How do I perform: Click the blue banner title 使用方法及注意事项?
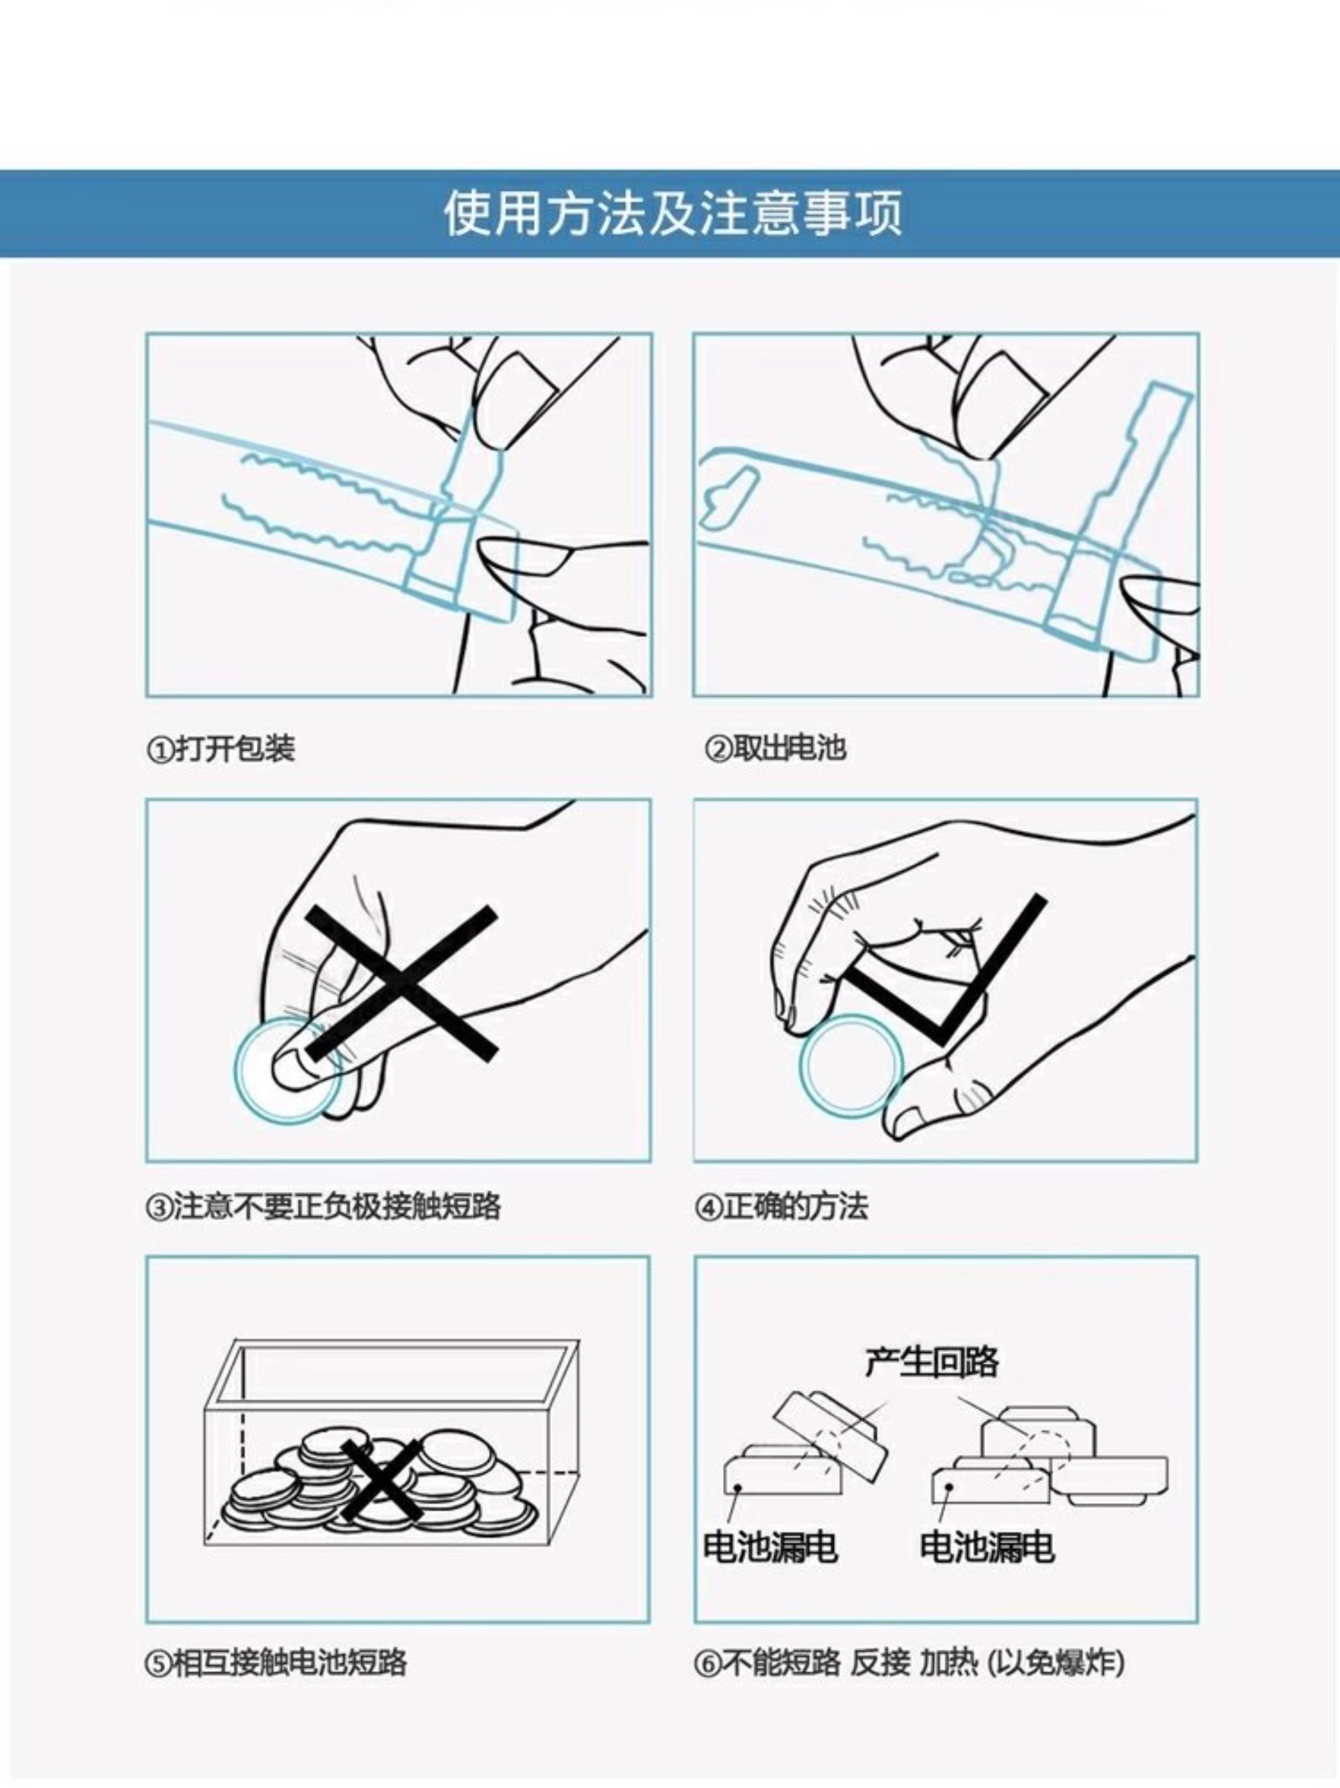tap(672, 214)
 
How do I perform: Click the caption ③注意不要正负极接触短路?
tap(323, 1207)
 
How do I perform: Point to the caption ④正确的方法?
tap(781, 1207)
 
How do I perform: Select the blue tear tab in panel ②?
tap(1131, 485)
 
